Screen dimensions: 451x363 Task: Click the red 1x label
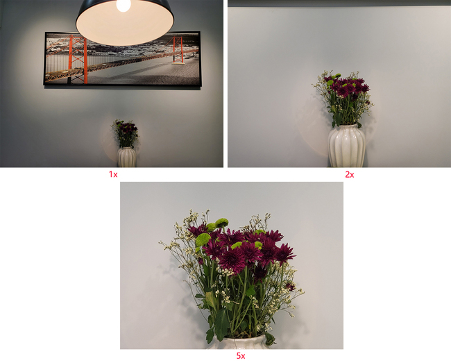point(113,174)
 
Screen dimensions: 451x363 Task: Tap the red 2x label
point(350,174)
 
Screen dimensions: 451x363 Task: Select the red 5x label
point(241,356)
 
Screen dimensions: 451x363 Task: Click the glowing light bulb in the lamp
point(124,6)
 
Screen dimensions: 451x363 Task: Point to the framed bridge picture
point(122,58)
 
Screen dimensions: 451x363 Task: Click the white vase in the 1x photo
point(126,157)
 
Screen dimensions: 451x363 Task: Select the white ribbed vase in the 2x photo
point(347,146)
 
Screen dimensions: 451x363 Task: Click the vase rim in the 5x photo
point(241,338)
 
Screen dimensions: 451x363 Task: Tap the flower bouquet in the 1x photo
point(126,133)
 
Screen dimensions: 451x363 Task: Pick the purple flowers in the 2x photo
point(346,85)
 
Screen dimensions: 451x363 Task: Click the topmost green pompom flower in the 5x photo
point(221,222)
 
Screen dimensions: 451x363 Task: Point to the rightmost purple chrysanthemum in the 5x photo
point(284,253)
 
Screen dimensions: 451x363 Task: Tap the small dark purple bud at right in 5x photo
point(290,286)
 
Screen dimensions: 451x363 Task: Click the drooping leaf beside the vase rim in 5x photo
point(269,339)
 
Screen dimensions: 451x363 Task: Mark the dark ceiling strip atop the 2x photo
point(339,3)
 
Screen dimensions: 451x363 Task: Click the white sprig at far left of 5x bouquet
point(170,246)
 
